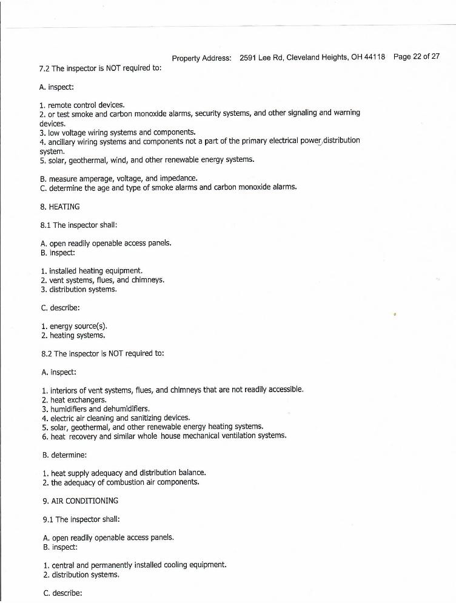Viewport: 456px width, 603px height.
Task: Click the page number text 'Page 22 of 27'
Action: [416, 57]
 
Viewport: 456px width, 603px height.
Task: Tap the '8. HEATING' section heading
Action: [59, 207]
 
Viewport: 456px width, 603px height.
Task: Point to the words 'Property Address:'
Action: [201, 58]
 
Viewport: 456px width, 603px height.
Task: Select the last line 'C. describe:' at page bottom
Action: [63, 593]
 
